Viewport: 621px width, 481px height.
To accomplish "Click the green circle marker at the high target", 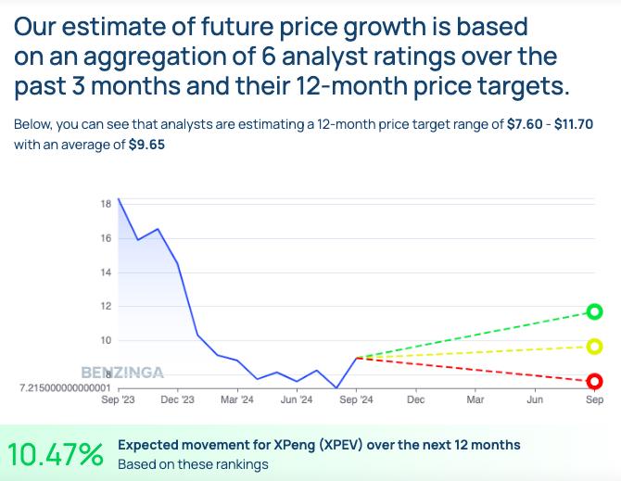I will point(595,311).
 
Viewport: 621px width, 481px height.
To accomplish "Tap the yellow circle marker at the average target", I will point(595,347).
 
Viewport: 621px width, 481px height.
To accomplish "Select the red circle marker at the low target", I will point(595,381).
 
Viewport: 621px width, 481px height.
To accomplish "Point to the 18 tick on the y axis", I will point(106,204).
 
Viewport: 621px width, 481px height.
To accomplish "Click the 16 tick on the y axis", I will point(106,238).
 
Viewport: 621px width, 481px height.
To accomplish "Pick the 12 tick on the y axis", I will point(106,307).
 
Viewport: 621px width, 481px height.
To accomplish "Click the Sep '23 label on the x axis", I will point(118,400).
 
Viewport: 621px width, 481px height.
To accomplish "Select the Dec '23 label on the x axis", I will point(177,400).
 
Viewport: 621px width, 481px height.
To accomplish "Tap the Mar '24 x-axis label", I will point(237,400).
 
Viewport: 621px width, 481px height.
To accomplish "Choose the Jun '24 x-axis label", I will point(297,400).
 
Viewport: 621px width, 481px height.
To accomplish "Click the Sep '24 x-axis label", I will point(356,400).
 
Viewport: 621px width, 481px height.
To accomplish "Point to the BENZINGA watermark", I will point(122,373).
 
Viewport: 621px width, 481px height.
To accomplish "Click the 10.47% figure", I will point(56,454).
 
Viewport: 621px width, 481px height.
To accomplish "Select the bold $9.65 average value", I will point(146,146).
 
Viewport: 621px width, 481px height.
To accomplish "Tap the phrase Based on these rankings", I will point(193,464).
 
